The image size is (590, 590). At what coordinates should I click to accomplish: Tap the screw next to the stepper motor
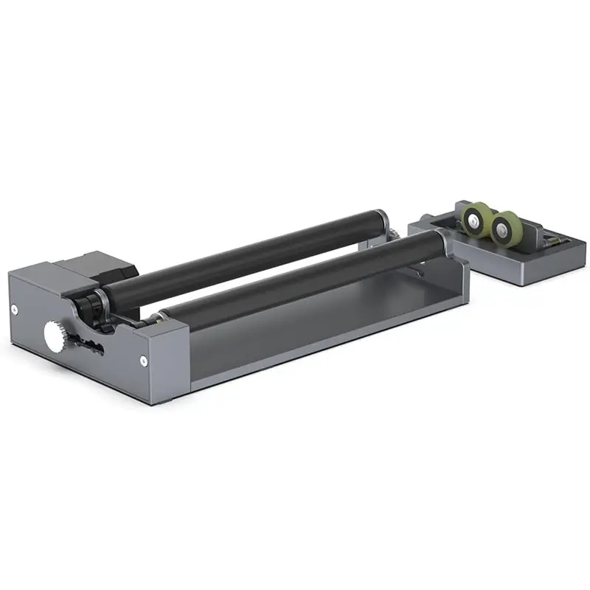click(15, 308)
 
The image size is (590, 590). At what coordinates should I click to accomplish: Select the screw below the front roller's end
click(143, 360)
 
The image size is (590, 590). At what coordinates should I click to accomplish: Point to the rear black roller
click(243, 254)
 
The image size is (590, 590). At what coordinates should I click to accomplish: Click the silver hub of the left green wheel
click(474, 218)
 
